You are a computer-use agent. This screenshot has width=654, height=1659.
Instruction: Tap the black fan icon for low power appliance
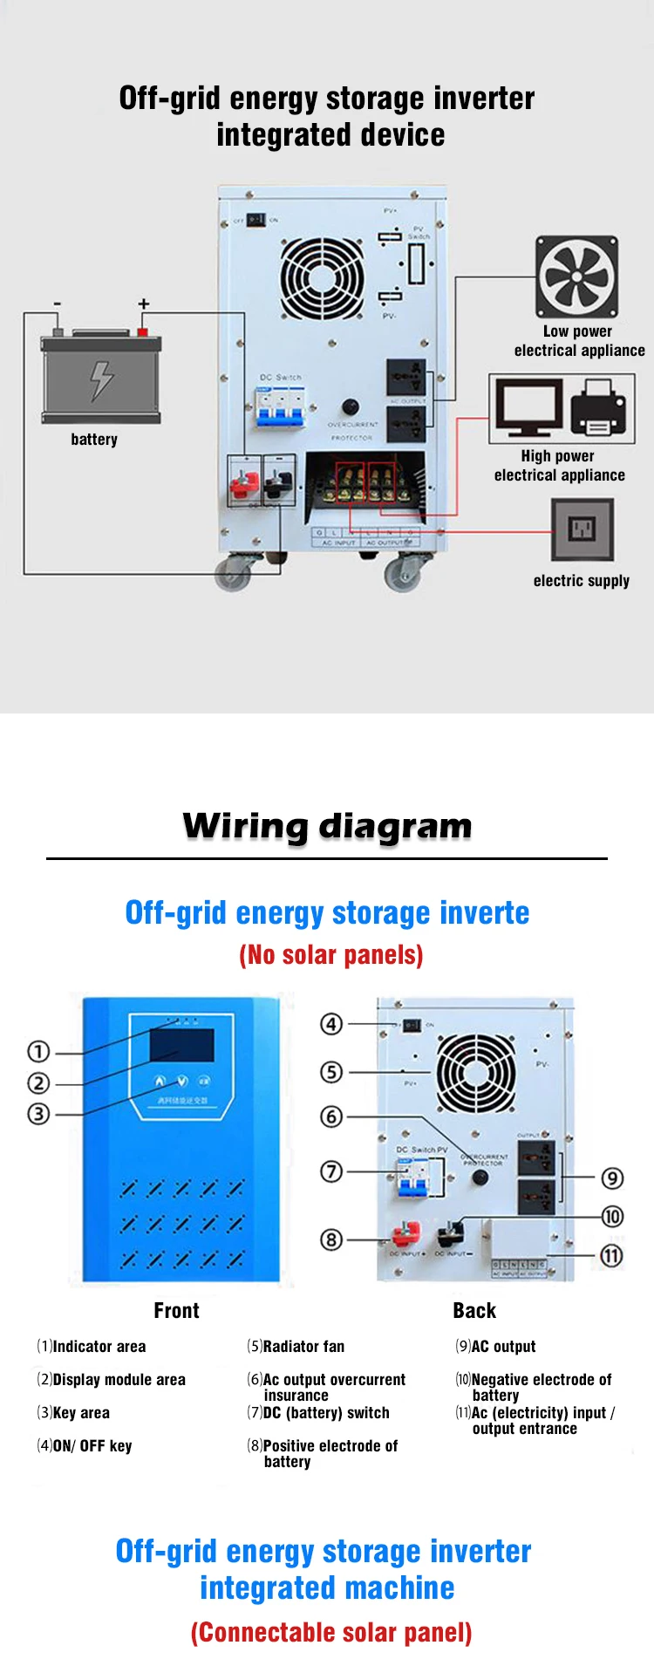pyautogui.click(x=576, y=277)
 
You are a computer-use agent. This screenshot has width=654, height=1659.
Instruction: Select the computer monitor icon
pyautogui.click(x=528, y=408)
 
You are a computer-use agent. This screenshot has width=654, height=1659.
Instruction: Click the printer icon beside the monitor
pyautogui.click(x=599, y=408)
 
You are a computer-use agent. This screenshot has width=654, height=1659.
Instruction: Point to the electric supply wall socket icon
pyautogui.click(x=582, y=529)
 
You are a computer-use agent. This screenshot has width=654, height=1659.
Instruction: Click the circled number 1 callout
pyautogui.click(x=38, y=1051)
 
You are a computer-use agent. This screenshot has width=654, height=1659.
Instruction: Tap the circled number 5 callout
pyautogui.click(x=331, y=1072)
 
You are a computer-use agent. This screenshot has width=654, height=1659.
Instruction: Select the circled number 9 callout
pyautogui.click(x=612, y=1178)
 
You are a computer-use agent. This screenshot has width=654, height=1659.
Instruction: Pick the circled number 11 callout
pyautogui.click(x=611, y=1256)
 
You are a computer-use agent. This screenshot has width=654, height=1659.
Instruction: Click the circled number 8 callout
pyautogui.click(x=331, y=1239)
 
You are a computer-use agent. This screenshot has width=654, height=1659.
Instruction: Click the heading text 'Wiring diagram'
pyautogui.click(x=327, y=826)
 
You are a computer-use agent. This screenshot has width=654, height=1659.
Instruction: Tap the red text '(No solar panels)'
pyautogui.click(x=331, y=955)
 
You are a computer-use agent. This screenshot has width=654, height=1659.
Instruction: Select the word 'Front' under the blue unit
pyautogui.click(x=176, y=1311)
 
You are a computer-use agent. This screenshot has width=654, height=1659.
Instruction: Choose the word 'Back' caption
pyautogui.click(x=474, y=1311)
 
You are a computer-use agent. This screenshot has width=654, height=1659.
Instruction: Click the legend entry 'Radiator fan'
pyautogui.click(x=303, y=1347)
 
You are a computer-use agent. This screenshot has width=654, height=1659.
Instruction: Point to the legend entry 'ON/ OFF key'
pyautogui.click(x=92, y=1446)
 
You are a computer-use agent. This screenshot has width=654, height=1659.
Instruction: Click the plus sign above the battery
pyautogui.click(x=144, y=304)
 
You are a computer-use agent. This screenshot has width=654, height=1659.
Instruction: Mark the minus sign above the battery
pyautogui.click(x=58, y=304)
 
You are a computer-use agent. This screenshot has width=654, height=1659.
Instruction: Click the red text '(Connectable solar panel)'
pyautogui.click(x=331, y=1633)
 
